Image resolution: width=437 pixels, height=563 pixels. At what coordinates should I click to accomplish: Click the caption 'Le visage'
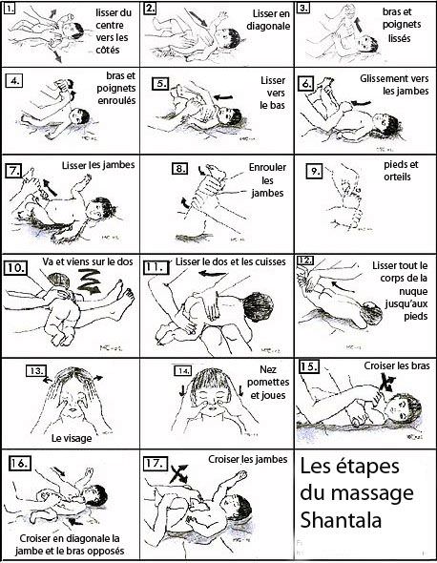pyautogui.click(x=73, y=438)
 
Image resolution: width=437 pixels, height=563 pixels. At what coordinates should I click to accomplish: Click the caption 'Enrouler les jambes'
pyautogui.click(x=247, y=179)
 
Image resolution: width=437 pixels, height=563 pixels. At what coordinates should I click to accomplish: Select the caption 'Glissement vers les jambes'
pyautogui.click(x=392, y=85)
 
